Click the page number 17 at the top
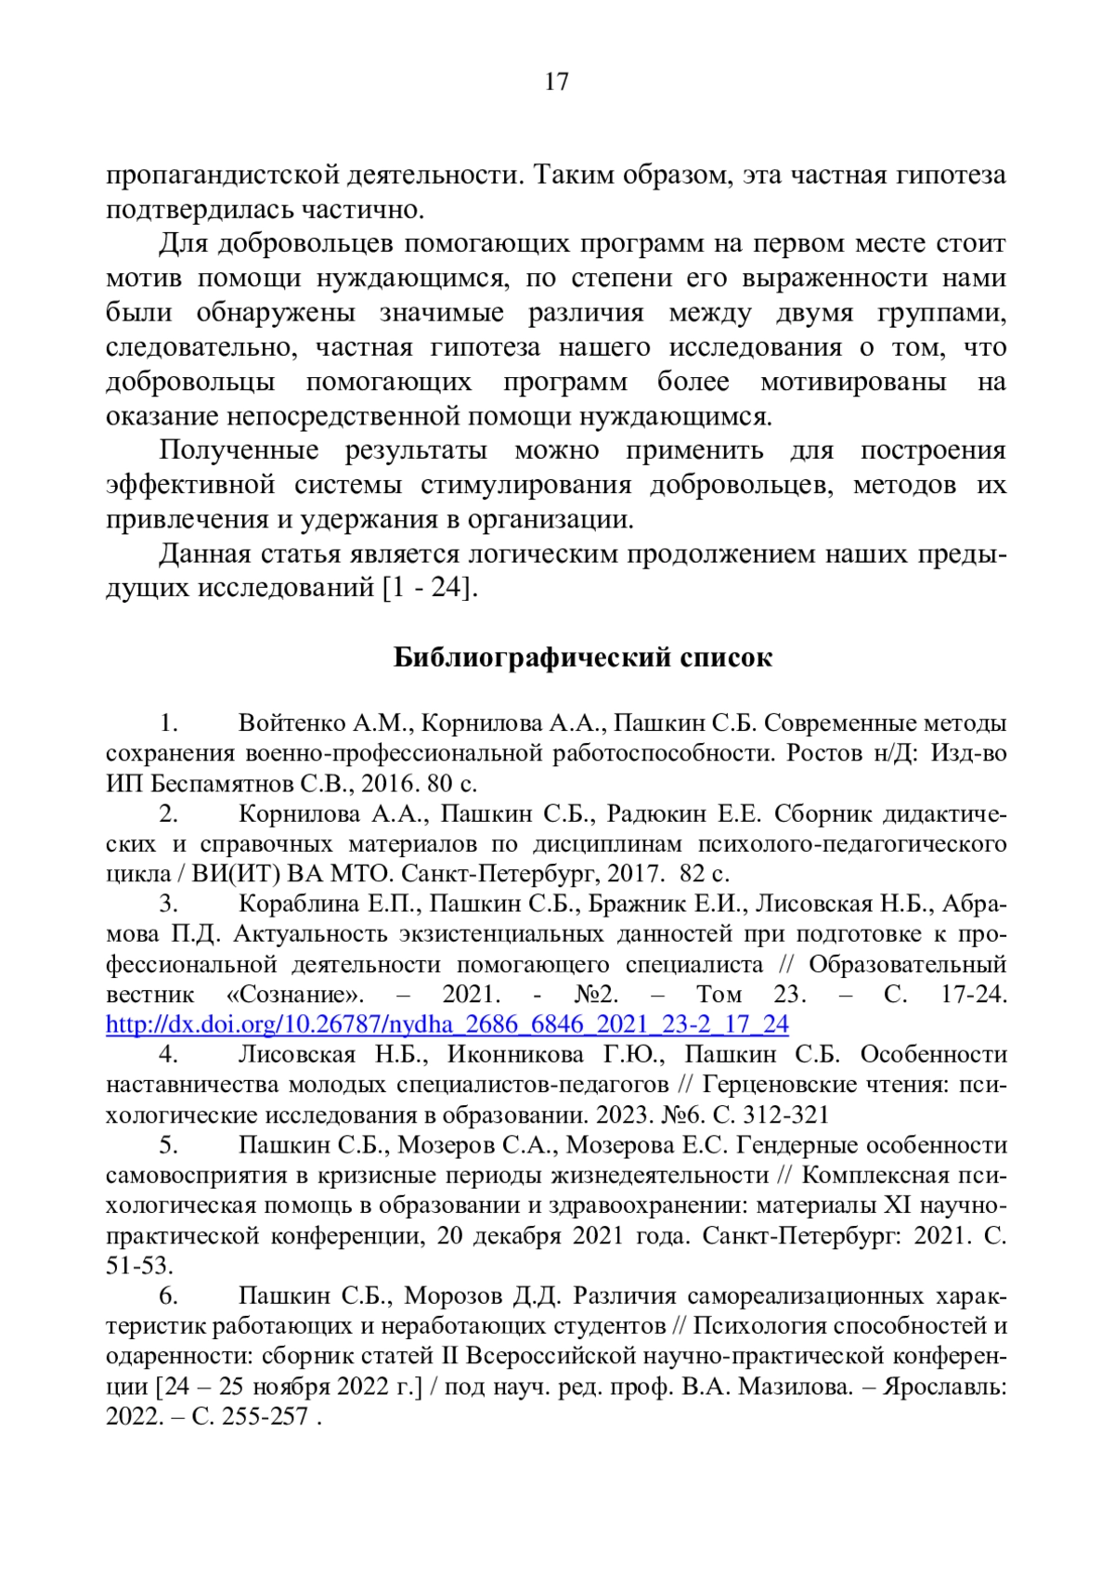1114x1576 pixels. (556, 83)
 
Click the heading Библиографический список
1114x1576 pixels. (582, 658)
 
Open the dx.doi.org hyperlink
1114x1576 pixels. (447, 1024)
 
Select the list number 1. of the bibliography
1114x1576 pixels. (168, 723)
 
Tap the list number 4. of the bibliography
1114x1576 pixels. (168, 1054)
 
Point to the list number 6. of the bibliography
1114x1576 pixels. (168, 1296)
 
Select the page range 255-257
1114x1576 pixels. (264, 1417)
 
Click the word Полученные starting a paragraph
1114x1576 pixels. (239, 450)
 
